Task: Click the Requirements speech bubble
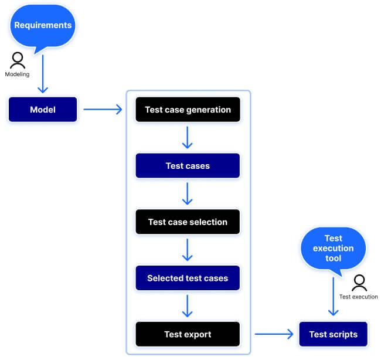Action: (42, 26)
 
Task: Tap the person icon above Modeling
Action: (18, 60)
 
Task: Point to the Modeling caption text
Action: (17, 74)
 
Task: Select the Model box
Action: (43, 110)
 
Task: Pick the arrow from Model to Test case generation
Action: (102, 110)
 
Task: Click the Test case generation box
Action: (188, 110)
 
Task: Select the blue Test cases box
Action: (188, 166)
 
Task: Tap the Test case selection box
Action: (188, 222)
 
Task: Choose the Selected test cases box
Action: (188, 279)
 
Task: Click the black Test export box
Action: (188, 335)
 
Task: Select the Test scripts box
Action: (333, 335)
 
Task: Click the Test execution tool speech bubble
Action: (333, 248)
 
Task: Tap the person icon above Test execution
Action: (359, 283)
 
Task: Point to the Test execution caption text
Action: (358, 297)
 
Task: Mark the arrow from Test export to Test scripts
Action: (273, 335)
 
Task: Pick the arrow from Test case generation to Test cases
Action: (188, 138)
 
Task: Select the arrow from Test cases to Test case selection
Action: (188, 194)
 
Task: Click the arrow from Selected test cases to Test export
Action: (188, 307)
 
